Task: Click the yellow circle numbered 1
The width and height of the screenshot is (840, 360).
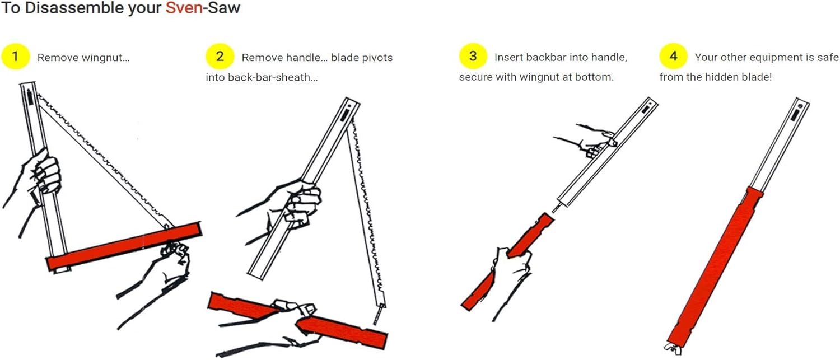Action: [15, 57]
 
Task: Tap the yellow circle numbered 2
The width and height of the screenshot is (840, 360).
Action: [220, 57]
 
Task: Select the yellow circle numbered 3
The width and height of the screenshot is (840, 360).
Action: [473, 56]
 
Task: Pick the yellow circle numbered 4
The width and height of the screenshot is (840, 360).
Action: [674, 56]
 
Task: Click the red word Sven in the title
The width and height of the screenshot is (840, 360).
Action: [184, 8]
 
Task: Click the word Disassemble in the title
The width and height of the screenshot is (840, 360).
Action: [74, 8]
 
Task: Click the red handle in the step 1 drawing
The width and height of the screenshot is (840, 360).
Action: [124, 246]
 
